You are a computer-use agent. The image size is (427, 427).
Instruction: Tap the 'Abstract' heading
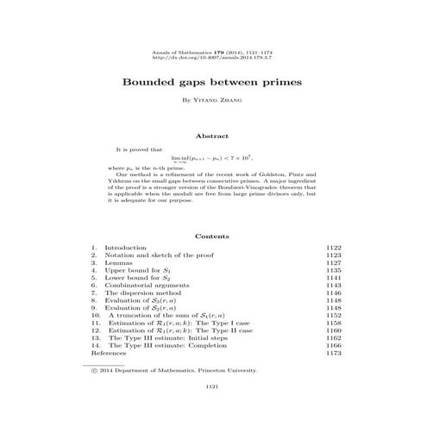213,135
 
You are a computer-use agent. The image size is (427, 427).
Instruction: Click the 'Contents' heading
213,235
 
